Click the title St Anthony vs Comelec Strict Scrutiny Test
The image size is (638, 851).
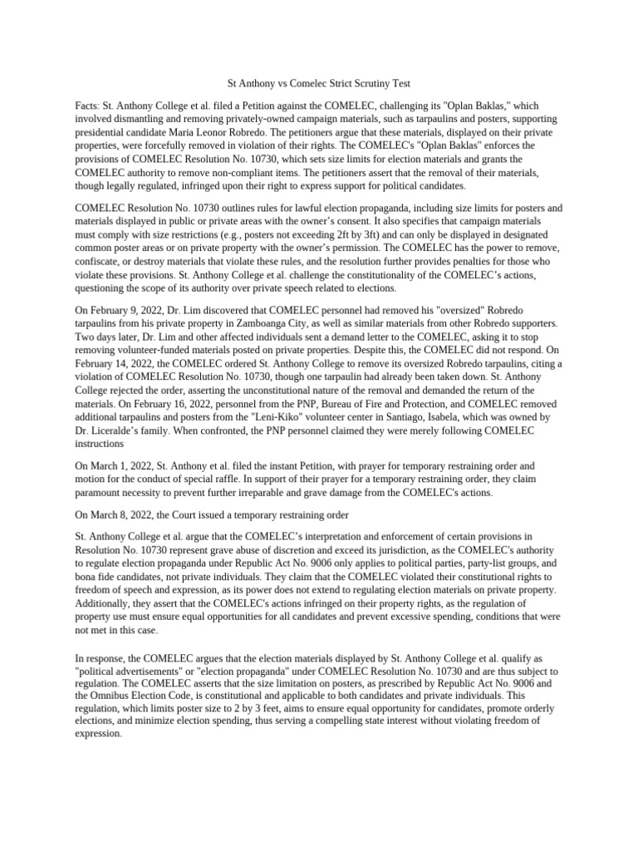319,84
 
